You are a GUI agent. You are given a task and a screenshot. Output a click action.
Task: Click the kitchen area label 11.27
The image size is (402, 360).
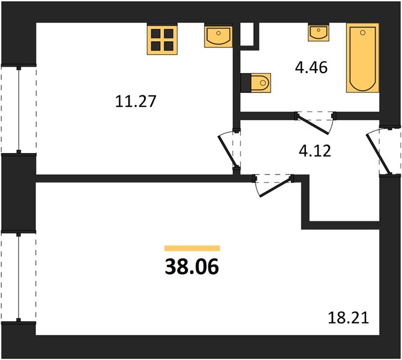coord(136,101)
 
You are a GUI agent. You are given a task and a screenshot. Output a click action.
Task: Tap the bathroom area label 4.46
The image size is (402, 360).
coord(311,68)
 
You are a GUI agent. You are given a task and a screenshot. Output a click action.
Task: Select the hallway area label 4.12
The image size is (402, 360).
coord(315,151)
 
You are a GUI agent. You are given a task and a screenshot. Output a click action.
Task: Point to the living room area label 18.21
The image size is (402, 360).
coord(349,318)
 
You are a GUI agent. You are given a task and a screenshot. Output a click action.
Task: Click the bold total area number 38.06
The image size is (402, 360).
coord(192,266)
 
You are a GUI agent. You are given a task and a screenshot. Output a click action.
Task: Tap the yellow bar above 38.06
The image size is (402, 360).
coord(192,248)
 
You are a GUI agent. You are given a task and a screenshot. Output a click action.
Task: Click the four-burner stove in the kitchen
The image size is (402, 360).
coord(162,39)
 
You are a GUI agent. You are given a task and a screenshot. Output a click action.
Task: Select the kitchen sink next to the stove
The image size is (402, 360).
coord(218,35)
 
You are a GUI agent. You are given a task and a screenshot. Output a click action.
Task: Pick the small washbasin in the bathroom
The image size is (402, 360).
coord(319,32)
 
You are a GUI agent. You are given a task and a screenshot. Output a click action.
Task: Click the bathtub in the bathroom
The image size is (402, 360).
coord(362,58)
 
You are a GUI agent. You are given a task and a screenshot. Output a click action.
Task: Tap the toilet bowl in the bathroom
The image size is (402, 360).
coord(261,83)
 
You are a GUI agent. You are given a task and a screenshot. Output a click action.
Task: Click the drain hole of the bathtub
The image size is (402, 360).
coord(362,32)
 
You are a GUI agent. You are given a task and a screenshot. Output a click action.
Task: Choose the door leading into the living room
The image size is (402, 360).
coord(277,187)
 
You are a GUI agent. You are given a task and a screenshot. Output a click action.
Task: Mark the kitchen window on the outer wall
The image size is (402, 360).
coord(19,110)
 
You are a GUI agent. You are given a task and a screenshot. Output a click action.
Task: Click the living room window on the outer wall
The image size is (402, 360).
coord(19,277)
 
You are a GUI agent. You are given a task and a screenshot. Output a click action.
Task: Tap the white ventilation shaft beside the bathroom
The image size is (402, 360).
coord(247,34)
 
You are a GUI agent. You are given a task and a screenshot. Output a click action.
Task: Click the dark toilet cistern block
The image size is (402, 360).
coord(246,83)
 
